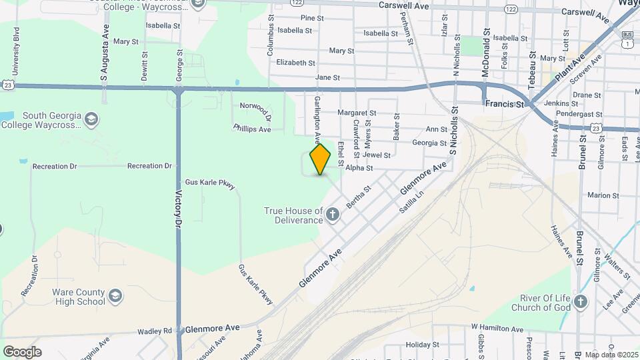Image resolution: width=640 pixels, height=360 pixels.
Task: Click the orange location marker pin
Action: (x=320, y=159)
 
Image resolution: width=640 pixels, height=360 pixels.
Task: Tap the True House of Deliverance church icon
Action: (x=333, y=215)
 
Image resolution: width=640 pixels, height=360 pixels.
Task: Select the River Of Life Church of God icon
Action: (x=580, y=302)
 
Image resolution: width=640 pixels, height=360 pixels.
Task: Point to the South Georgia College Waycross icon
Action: (x=91, y=120)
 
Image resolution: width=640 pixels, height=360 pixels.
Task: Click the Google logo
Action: (x=22, y=351)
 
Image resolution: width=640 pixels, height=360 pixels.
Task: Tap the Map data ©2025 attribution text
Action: (x=611, y=355)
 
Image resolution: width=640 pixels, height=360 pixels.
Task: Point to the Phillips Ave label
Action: (x=252, y=128)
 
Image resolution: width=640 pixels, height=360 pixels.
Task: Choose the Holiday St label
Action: (x=423, y=345)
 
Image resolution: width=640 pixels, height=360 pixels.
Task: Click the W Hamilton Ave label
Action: (x=497, y=328)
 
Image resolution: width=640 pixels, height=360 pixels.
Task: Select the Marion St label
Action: (x=603, y=195)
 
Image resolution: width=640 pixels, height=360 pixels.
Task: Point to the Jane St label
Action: (x=327, y=78)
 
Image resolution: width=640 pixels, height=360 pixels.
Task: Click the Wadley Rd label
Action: (x=155, y=331)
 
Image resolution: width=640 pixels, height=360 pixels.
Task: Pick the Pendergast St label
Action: (x=578, y=115)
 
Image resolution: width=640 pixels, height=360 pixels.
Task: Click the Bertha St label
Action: (x=358, y=196)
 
